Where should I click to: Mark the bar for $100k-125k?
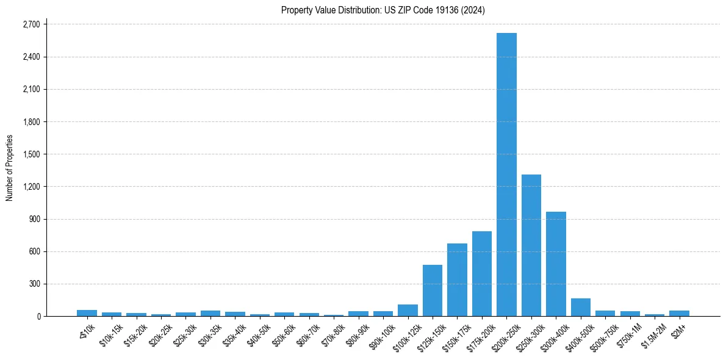(x=408, y=310)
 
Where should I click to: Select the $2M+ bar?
(x=679, y=313)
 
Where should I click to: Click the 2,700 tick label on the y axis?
(x=30, y=24)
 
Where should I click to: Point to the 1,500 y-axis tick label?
(x=30, y=154)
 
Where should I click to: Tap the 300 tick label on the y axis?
(x=34, y=284)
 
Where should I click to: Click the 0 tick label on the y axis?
(x=38, y=317)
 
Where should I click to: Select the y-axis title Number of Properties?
(x=10, y=168)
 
